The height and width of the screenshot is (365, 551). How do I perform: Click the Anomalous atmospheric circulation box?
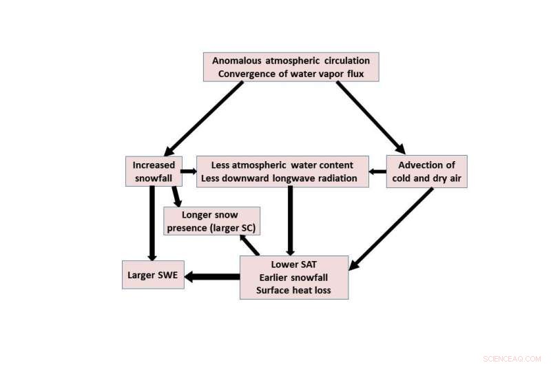pyautogui.click(x=291, y=67)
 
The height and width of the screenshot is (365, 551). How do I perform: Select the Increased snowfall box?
pyautogui.click(x=154, y=171)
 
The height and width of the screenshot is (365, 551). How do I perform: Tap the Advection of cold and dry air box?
pyautogui.click(x=426, y=171)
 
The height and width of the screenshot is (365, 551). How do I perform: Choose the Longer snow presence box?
pyautogui.click(x=211, y=222)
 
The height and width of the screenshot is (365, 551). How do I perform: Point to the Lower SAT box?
pyautogui.click(x=294, y=278)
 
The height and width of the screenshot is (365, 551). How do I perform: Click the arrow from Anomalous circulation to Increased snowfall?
pyautogui.click(x=205, y=118)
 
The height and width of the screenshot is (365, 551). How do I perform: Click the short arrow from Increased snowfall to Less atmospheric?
pyautogui.click(x=188, y=171)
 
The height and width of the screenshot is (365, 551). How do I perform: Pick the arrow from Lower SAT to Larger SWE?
pyautogui.click(x=211, y=277)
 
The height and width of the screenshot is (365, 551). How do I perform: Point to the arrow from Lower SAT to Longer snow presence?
pyautogui.click(x=249, y=244)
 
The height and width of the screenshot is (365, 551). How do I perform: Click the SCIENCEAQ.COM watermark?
pyautogui.click(x=513, y=357)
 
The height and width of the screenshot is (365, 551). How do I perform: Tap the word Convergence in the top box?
pyautogui.click(x=245, y=74)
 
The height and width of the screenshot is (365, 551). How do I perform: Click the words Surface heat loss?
pyautogui.click(x=293, y=290)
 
